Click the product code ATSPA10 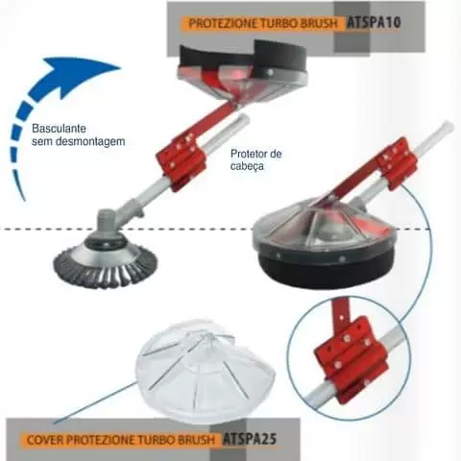pos(374,23)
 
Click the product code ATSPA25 pos(250,439)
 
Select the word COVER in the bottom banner pos(46,440)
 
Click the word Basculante pos(59,129)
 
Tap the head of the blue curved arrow pos(84,73)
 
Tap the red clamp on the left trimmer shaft pos(181,159)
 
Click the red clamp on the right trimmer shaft pos(397,162)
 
